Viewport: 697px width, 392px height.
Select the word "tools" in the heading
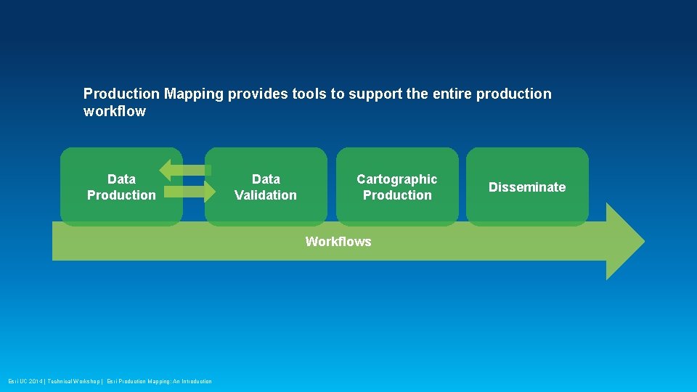[309, 94]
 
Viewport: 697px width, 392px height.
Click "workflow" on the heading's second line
[115, 111]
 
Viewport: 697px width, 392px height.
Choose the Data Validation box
[266, 187]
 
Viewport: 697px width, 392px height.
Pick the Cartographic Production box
[397, 187]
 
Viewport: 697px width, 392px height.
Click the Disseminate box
[527, 187]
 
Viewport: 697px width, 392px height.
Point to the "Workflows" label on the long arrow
[338, 242]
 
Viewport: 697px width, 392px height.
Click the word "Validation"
[266, 195]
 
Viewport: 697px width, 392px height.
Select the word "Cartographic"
[397, 179]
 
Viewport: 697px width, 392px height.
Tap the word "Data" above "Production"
[121, 179]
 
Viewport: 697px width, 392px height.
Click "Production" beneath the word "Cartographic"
[397, 195]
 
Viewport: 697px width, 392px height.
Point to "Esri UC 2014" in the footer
[25, 382]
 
